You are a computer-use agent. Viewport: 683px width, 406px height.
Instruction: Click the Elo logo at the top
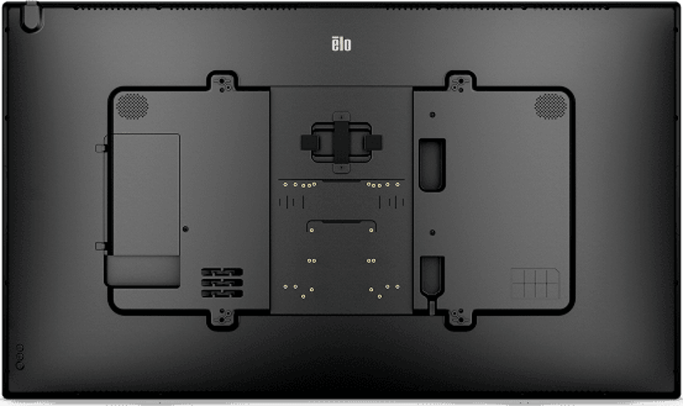[341, 44]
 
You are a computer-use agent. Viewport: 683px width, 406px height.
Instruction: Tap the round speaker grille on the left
[132, 106]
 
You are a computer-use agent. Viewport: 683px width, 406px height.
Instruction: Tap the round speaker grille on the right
[550, 106]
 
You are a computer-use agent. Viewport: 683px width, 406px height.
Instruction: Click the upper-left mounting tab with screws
[222, 83]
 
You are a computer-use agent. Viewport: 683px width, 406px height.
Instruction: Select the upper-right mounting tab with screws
[460, 83]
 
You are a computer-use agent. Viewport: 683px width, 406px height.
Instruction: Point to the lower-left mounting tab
[222, 318]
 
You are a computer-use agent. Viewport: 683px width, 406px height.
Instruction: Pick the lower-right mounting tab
[460, 318]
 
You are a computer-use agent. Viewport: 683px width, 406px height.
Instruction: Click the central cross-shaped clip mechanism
[341, 143]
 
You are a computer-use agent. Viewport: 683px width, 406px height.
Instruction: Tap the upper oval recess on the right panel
[432, 165]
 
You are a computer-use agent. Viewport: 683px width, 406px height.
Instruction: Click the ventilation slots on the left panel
[222, 283]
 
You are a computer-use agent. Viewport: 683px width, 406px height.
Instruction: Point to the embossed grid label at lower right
[535, 283]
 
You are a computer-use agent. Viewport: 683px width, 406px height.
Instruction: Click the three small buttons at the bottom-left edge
[20, 357]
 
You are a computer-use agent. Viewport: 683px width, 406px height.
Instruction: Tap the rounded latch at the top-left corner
[31, 17]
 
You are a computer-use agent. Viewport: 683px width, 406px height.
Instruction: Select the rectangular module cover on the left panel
[146, 195]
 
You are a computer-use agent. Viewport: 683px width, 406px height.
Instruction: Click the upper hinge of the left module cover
[101, 149]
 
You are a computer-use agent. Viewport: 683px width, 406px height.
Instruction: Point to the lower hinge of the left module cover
[101, 247]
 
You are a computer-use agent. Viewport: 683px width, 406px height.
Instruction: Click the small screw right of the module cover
[186, 229]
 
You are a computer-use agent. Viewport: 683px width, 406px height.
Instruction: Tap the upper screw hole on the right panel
[432, 115]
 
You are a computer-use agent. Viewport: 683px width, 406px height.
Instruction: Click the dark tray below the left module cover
[143, 271]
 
